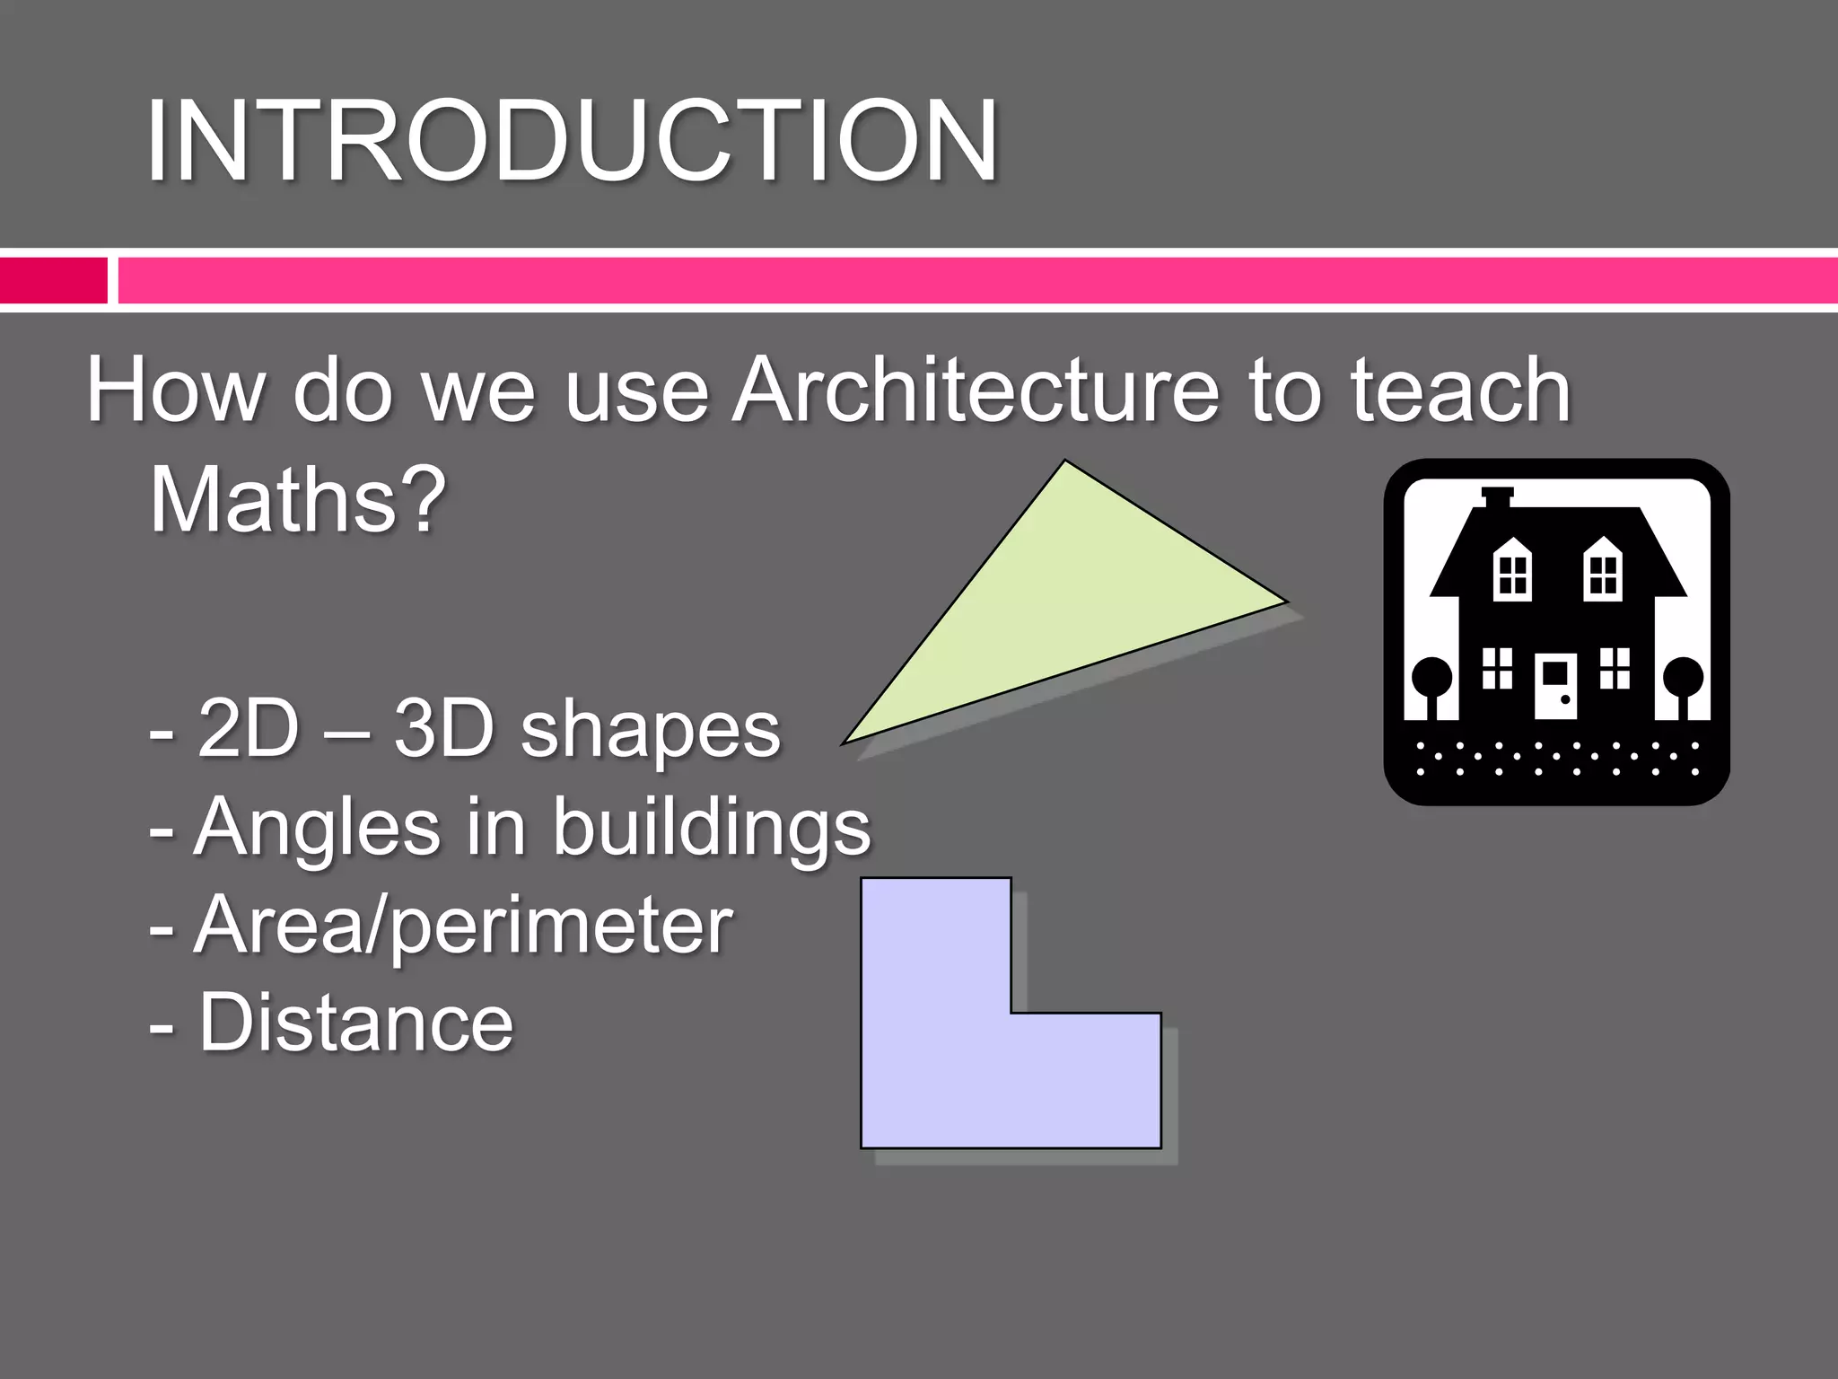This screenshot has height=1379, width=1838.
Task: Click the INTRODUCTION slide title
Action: pos(572,142)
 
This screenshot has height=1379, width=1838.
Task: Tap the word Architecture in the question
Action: pos(975,390)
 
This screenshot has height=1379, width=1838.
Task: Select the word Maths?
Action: pos(297,499)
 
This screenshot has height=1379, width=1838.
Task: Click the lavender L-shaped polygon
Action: pos(951,1059)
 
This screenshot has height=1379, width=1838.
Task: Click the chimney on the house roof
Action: pos(1497,496)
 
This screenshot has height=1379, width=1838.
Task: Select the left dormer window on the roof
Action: pos(1512,571)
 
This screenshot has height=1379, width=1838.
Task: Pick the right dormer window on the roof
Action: pos(1602,571)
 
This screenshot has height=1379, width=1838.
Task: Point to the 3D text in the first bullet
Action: pos(443,729)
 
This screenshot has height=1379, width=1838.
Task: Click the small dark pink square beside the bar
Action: pos(53,280)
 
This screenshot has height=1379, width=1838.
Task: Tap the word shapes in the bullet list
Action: pos(651,731)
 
